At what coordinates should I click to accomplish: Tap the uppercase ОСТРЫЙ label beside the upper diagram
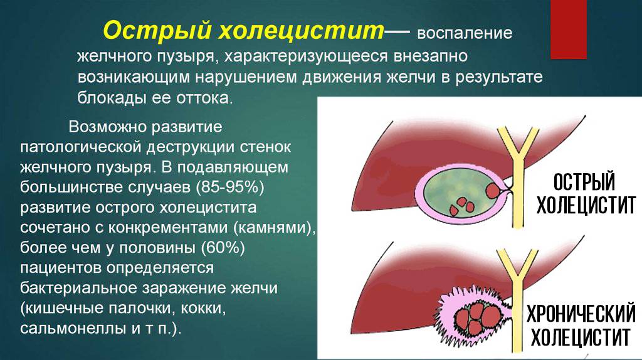[584, 183]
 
